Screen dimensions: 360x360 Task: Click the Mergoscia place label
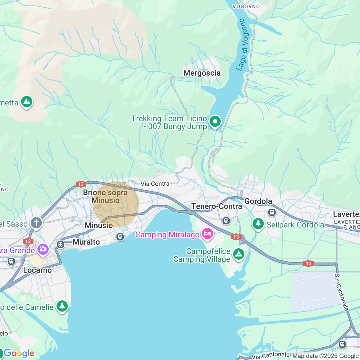point(202,73)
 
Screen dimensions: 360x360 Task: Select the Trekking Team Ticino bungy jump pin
point(215,122)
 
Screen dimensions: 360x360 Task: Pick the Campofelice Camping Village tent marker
point(238,254)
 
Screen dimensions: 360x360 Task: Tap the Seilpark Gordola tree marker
point(258,224)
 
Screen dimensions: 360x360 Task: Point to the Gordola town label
point(258,201)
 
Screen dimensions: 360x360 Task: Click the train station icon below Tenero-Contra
point(226,221)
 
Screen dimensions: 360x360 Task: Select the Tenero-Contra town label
point(217,206)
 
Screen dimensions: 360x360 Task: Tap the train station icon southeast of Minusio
point(120,237)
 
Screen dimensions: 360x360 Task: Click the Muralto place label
point(86,242)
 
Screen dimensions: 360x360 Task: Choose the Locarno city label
point(37,270)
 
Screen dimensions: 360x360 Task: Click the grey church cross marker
point(36,223)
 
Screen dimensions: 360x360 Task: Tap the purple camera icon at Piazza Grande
point(43,249)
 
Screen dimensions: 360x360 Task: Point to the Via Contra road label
point(155,184)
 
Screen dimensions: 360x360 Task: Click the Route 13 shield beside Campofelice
point(236,237)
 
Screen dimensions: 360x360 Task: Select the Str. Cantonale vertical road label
point(341,292)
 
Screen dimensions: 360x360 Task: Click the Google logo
point(19,354)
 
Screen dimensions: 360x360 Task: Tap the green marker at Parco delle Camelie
point(62,306)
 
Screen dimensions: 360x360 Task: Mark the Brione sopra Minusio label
point(105,196)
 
